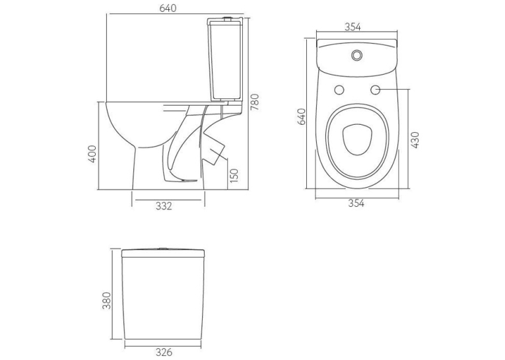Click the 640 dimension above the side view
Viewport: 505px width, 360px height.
[x=168, y=8]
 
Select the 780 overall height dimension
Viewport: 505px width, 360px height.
[x=255, y=102]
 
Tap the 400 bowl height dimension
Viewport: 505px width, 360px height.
[x=92, y=154]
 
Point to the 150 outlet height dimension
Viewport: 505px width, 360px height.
[x=235, y=175]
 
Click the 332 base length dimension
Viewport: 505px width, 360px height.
[x=164, y=206]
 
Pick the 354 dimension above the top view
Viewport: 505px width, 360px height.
[x=353, y=27]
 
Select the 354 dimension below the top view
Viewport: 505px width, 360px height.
[x=356, y=203]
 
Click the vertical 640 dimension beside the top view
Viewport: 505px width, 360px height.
[x=302, y=117]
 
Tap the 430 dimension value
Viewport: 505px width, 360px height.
[x=415, y=140]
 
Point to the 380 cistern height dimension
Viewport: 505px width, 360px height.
[x=106, y=301]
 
